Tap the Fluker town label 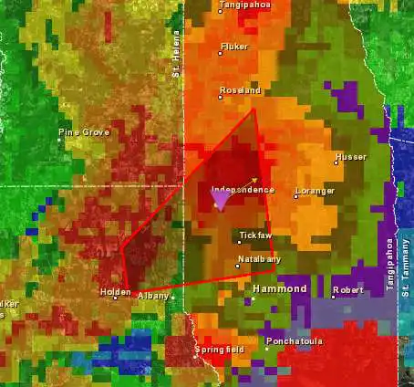pyautogui.click(x=234, y=46)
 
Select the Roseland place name pyautogui.click(x=241, y=90)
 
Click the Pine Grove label pyautogui.click(x=84, y=132)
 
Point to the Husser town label pyautogui.click(x=350, y=158)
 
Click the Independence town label pyautogui.click(x=243, y=190)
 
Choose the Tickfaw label pyautogui.click(x=255, y=235)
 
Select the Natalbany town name pyautogui.click(x=258, y=260)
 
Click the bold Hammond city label pyautogui.click(x=279, y=288)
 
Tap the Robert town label pyautogui.click(x=347, y=290)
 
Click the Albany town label pyautogui.click(x=152, y=297)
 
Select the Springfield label pyautogui.click(x=219, y=350)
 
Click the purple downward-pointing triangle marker pyautogui.click(x=220, y=201)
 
